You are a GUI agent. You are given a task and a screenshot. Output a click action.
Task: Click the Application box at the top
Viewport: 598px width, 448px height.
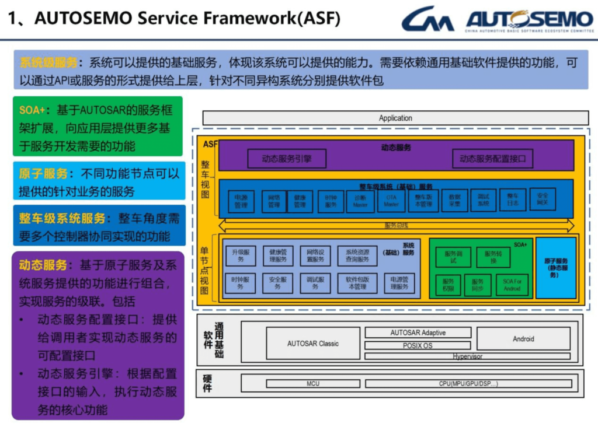pos(395,118)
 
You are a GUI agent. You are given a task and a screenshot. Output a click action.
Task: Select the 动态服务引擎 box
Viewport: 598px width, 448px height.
pos(287,158)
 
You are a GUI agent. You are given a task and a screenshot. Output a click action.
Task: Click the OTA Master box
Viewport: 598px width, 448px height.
pos(391,201)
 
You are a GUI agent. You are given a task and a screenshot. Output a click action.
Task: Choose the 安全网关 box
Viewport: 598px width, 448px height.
pos(542,199)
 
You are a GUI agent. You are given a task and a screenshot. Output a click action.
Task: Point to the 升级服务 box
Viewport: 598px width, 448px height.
pos(241,255)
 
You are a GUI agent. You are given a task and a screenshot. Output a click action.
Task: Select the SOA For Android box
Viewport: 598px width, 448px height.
pos(512,285)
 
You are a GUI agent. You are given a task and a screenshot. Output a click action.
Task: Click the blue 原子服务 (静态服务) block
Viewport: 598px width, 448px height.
pos(555,268)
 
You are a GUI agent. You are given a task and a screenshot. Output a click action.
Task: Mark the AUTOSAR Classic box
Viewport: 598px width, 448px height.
pos(312,344)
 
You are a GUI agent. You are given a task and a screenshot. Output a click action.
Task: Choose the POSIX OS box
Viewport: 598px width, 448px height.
pos(418,345)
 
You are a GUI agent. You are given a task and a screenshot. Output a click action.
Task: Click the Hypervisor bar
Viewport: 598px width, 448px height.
pos(467,356)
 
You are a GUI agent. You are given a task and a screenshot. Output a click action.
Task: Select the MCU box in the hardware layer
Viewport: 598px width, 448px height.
pos(313,384)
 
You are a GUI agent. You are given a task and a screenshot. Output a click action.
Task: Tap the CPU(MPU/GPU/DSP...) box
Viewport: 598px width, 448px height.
pos(468,384)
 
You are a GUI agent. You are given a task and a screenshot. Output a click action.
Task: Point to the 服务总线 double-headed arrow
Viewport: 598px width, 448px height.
pos(396,225)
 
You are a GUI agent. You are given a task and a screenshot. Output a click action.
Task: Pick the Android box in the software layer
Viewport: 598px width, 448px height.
pos(523,338)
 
